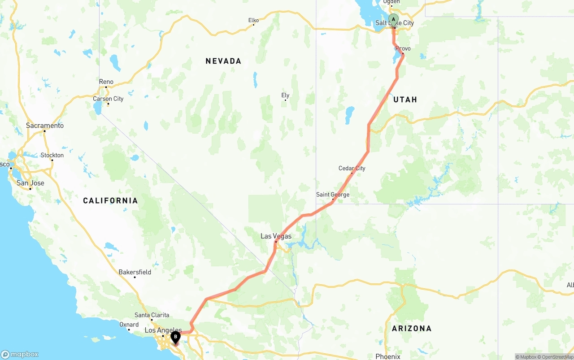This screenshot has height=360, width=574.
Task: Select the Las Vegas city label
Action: [x=276, y=236]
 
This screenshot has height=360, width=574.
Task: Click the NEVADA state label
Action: [x=223, y=61]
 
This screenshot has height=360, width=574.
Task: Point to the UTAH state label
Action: [x=405, y=100]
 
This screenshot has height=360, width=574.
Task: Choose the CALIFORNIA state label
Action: [x=110, y=200]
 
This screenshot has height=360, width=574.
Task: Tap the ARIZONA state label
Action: [x=412, y=329]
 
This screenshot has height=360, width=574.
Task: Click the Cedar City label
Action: [x=352, y=169]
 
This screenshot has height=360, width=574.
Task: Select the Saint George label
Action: [x=332, y=195]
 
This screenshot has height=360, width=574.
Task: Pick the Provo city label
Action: [x=403, y=48]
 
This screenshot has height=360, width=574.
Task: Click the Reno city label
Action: [x=106, y=82]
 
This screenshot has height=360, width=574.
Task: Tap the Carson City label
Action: [x=108, y=99]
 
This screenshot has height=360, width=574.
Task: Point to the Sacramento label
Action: [x=45, y=126]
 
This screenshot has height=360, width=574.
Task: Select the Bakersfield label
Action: [x=135, y=272]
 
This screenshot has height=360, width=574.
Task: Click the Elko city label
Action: [x=253, y=20]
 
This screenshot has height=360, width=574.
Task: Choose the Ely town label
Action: [x=285, y=95]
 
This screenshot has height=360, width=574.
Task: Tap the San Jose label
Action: [x=30, y=183]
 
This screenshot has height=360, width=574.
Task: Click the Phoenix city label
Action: [x=387, y=356]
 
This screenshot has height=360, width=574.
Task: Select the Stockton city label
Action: [x=52, y=155]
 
